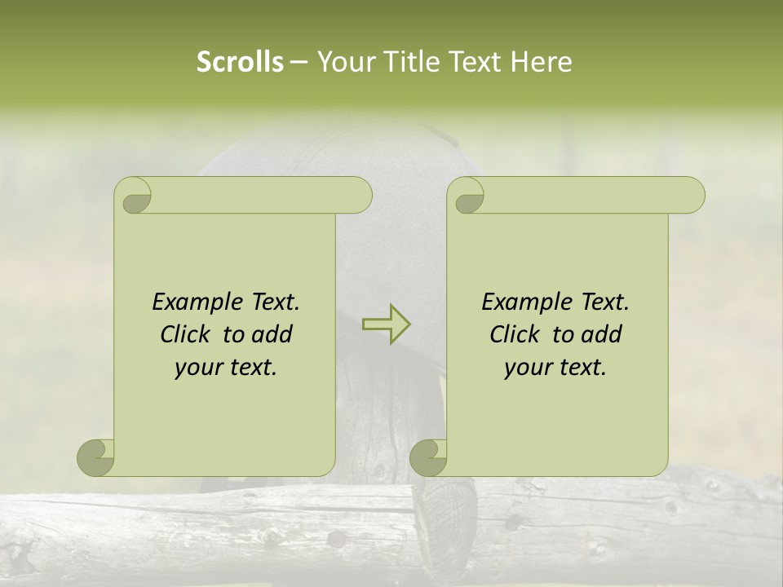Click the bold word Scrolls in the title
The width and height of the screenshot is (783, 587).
click(240, 62)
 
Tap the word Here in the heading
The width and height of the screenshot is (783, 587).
click(541, 62)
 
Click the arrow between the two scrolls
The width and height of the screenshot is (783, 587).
click(386, 324)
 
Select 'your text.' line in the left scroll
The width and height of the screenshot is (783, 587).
click(226, 368)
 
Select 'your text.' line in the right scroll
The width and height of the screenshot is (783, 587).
click(555, 368)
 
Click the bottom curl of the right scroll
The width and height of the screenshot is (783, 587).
click(428, 458)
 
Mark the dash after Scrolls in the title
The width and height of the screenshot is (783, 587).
click(299, 63)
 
